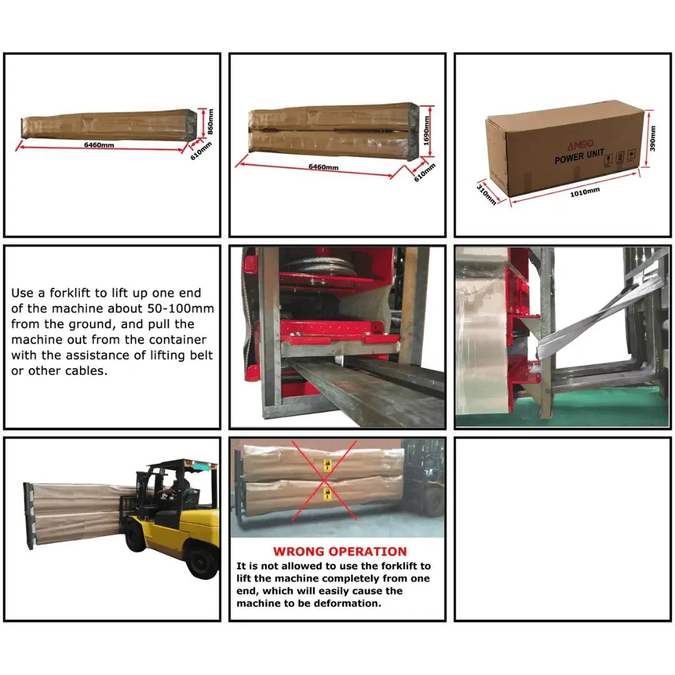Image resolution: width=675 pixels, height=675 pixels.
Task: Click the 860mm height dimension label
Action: coord(211,121)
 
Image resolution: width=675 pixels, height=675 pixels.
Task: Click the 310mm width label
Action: coord(487,194)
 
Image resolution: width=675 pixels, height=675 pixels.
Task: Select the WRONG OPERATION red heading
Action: coord(339,551)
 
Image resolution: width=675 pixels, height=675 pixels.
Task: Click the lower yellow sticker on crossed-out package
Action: coord(326,494)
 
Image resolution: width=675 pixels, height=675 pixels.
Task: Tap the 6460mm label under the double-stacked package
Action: coord(323,166)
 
